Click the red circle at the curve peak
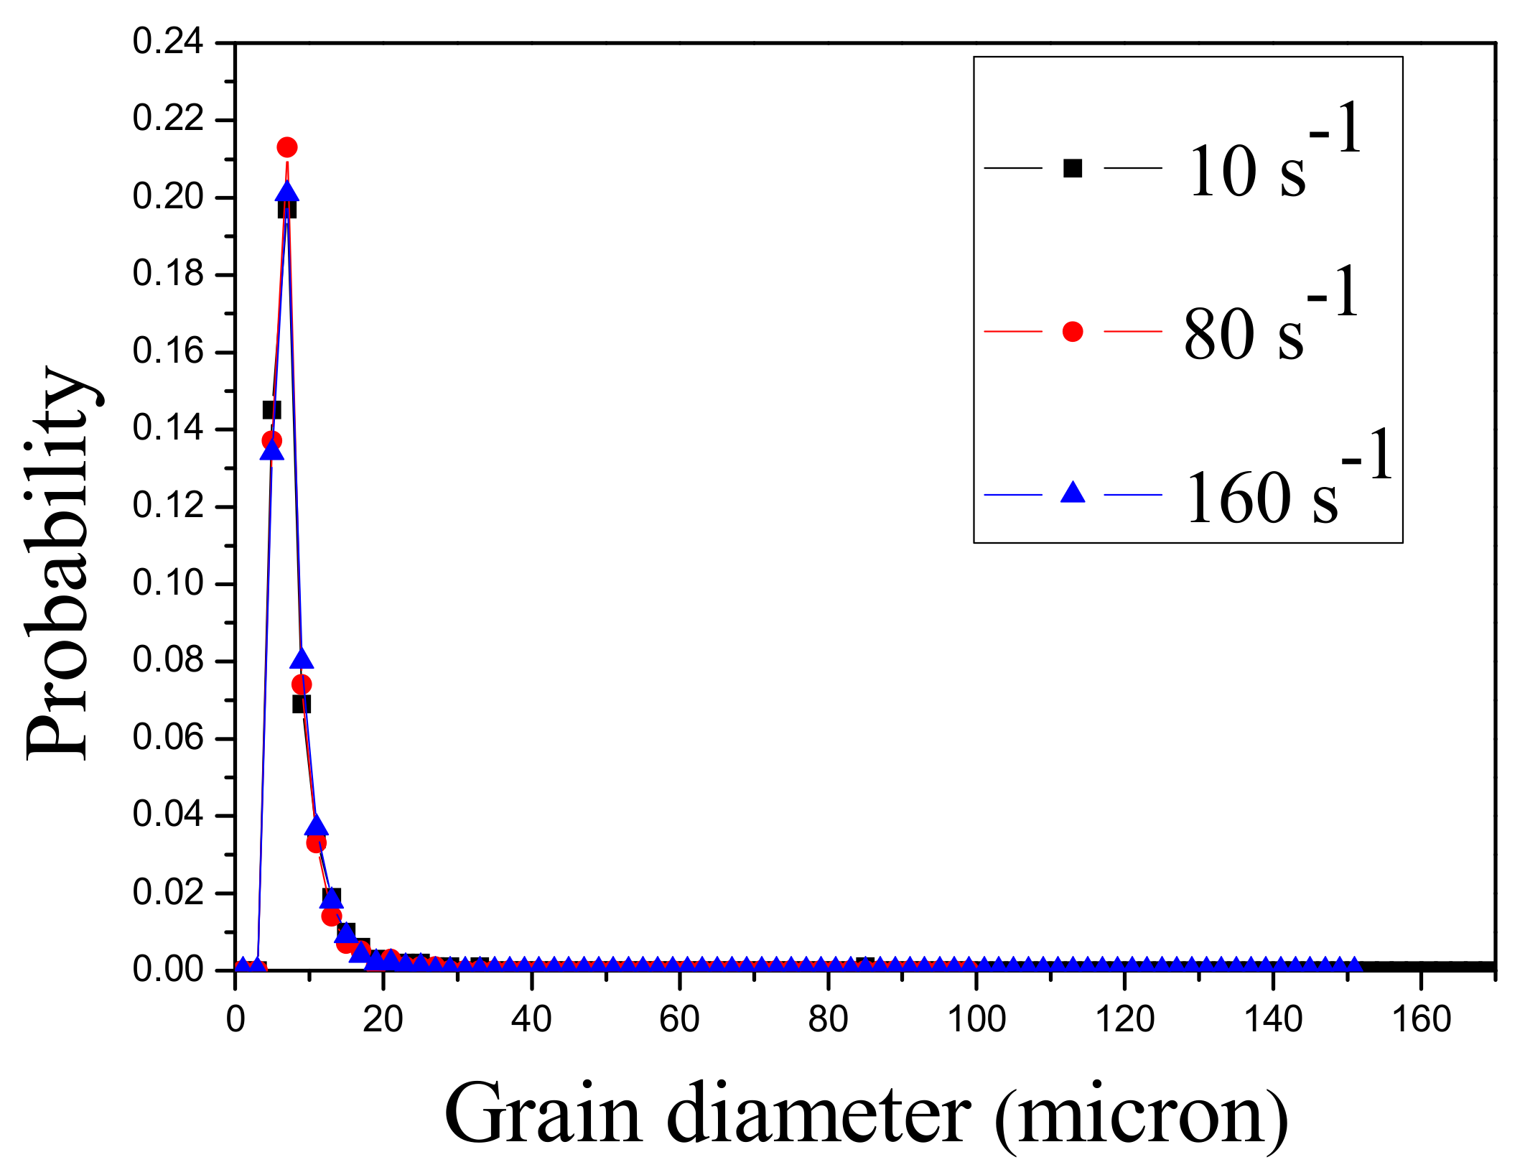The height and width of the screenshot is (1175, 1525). point(287,147)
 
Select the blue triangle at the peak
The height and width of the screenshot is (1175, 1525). point(287,192)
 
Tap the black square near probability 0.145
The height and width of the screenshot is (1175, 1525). point(271,410)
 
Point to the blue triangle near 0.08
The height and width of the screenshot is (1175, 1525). point(302,659)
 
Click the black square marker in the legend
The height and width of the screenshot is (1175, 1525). point(1073,168)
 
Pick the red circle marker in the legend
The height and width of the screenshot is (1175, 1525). point(1073,331)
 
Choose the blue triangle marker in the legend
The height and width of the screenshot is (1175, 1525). point(1073,493)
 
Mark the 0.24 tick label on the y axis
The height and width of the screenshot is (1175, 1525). point(168,42)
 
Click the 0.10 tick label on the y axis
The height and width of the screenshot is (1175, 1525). point(168,583)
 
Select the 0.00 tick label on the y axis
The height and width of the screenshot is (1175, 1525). point(168,970)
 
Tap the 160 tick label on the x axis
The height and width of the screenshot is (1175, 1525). point(1422,1020)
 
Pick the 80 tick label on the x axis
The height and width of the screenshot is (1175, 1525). point(828,1020)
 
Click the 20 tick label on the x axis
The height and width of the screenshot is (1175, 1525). point(383,1020)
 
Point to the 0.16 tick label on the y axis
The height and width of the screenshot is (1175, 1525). point(168,352)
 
